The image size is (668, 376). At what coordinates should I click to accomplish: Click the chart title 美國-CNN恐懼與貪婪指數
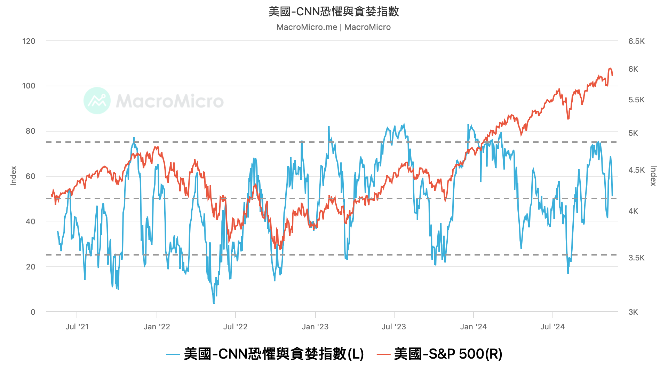[334, 11]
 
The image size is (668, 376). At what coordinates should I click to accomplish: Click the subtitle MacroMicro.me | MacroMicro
[334, 27]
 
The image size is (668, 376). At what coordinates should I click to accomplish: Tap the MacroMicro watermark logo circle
[97, 101]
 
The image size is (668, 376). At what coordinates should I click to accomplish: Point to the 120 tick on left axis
[29, 41]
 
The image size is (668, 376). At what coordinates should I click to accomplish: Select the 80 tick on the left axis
[31, 131]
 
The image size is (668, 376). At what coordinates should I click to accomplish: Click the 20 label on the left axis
[31, 267]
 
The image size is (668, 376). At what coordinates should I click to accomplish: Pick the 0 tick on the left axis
[33, 312]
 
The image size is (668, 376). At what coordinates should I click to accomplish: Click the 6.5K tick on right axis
[636, 41]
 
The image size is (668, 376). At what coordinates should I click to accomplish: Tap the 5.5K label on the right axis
[636, 100]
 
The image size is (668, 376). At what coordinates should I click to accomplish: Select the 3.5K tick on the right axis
[636, 258]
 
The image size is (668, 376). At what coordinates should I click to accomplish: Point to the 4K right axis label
[633, 211]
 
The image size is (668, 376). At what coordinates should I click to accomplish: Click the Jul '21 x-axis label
[77, 327]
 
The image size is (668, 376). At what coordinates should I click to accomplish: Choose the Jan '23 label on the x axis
[315, 327]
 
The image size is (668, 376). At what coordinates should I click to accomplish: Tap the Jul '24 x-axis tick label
[552, 327]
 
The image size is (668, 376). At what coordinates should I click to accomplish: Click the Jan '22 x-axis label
[157, 327]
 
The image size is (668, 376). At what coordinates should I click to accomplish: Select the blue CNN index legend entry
[265, 354]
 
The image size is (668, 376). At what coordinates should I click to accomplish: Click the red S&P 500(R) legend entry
[440, 354]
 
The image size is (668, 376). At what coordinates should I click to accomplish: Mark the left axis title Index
[14, 175]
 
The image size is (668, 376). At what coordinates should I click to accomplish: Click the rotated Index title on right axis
[653, 175]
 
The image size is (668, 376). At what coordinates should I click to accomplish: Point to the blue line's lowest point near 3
[214, 303]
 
